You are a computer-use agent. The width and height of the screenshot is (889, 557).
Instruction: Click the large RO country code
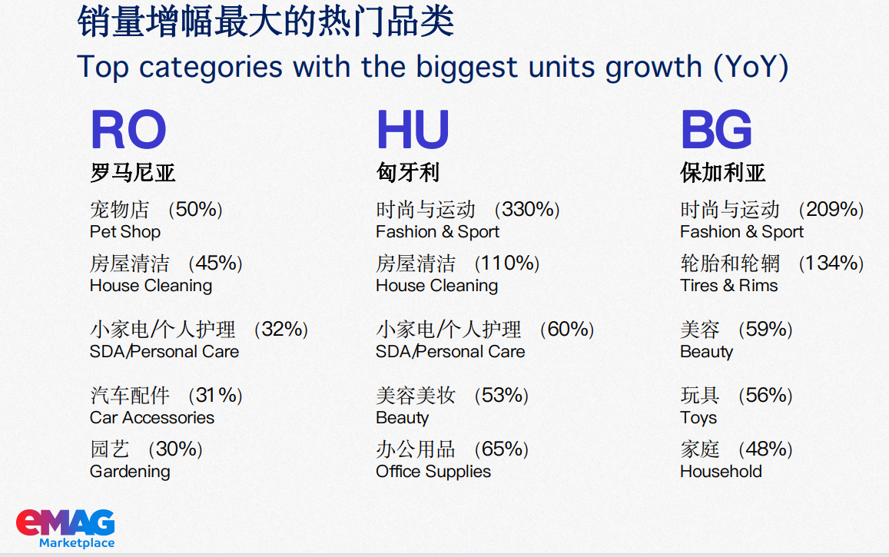pyautogui.click(x=128, y=129)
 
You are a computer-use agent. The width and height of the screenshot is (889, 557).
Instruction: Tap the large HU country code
pyautogui.click(x=413, y=129)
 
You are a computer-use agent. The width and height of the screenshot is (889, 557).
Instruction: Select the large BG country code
pyautogui.click(x=716, y=129)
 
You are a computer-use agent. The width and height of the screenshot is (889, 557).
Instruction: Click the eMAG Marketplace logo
pyautogui.click(x=66, y=529)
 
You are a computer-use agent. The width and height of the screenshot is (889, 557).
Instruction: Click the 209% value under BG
pyautogui.click(x=831, y=210)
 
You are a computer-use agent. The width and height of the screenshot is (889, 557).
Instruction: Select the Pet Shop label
pyautogui.click(x=124, y=232)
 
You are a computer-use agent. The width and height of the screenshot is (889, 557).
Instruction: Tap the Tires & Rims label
pyautogui.click(x=728, y=286)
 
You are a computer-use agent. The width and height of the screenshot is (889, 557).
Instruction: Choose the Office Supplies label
pyautogui.click(x=433, y=472)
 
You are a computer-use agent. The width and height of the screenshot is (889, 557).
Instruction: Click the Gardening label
pyautogui.click(x=130, y=472)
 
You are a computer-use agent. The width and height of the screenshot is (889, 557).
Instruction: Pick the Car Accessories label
pyautogui.click(x=152, y=418)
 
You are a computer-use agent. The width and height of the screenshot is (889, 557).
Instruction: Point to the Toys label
pyautogui.click(x=698, y=418)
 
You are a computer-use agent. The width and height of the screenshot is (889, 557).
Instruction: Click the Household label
pyautogui.click(x=721, y=472)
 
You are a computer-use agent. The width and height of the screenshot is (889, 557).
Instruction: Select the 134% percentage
pyautogui.click(x=831, y=264)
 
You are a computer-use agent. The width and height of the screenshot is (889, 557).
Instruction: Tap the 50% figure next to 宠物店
pyautogui.click(x=196, y=210)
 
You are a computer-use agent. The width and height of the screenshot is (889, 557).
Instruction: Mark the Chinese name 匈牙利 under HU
pyautogui.click(x=408, y=172)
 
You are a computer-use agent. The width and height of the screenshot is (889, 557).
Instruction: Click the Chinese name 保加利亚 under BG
pyautogui.click(x=723, y=172)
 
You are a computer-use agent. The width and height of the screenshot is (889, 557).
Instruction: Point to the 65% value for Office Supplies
pyautogui.click(x=502, y=449)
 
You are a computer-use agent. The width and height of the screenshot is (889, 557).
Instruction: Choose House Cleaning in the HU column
pyautogui.click(x=436, y=286)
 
